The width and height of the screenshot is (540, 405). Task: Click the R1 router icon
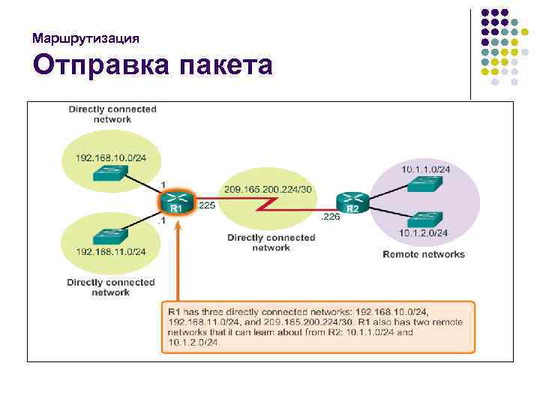coord(176,202)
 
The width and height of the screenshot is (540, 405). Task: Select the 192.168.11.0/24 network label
coord(111,252)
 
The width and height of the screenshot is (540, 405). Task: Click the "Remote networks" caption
coord(424,254)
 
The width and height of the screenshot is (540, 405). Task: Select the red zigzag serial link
coord(266,204)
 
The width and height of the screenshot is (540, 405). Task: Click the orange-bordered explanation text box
coord(318,326)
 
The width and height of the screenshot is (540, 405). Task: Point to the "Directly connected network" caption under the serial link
coord(271,242)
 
